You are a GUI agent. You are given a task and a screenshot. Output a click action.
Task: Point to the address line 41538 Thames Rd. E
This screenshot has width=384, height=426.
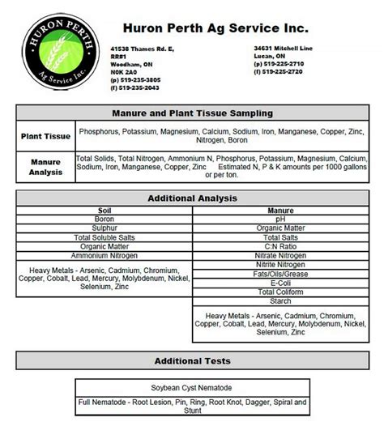(x=143, y=48)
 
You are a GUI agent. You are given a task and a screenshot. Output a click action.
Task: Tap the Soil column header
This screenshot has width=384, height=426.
(x=105, y=211)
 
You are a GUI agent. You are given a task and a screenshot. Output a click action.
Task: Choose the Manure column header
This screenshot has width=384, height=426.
(x=279, y=211)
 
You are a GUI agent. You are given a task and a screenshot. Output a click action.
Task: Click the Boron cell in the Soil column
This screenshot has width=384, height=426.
(x=105, y=219)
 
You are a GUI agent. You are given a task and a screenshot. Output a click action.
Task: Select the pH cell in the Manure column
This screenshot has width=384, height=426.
(x=279, y=219)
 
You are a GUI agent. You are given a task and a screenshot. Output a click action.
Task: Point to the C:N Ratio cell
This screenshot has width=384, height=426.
(x=279, y=246)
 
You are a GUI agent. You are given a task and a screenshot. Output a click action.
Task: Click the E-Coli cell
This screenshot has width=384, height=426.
(x=279, y=282)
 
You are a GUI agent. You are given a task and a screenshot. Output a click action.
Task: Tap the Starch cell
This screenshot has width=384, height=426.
(x=279, y=300)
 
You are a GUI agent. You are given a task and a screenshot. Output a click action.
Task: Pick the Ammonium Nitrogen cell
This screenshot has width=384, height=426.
(x=105, y=255)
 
